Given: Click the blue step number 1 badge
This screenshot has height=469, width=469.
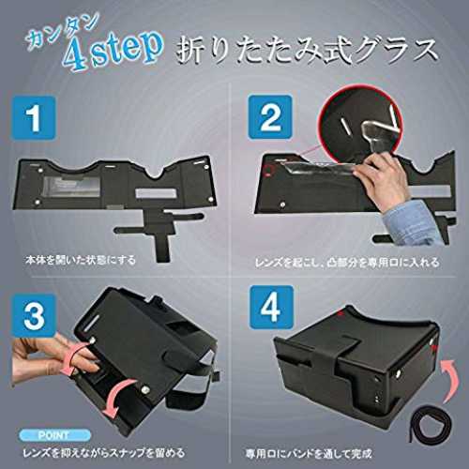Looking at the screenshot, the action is pos(33,117).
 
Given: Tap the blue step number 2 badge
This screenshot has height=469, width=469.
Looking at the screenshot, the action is pos(270,117).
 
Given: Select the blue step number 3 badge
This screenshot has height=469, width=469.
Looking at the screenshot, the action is pos(34,315).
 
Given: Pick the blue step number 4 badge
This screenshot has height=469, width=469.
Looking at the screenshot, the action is pos(271,308).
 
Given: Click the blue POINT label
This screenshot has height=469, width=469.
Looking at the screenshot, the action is pos(54,435).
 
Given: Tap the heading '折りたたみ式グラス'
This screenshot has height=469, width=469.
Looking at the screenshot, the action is pos(306,51).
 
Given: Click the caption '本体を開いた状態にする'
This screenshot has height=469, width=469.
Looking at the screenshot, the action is pos(81,260).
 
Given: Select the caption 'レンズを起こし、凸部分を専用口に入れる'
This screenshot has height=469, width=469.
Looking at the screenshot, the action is pos(347,262).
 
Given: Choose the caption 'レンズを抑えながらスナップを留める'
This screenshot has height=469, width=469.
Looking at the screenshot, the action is pos(103,453).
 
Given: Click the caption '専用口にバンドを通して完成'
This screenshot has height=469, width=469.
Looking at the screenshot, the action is pos(310,454).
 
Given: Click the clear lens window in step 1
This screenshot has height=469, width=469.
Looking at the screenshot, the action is pos(71,188).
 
